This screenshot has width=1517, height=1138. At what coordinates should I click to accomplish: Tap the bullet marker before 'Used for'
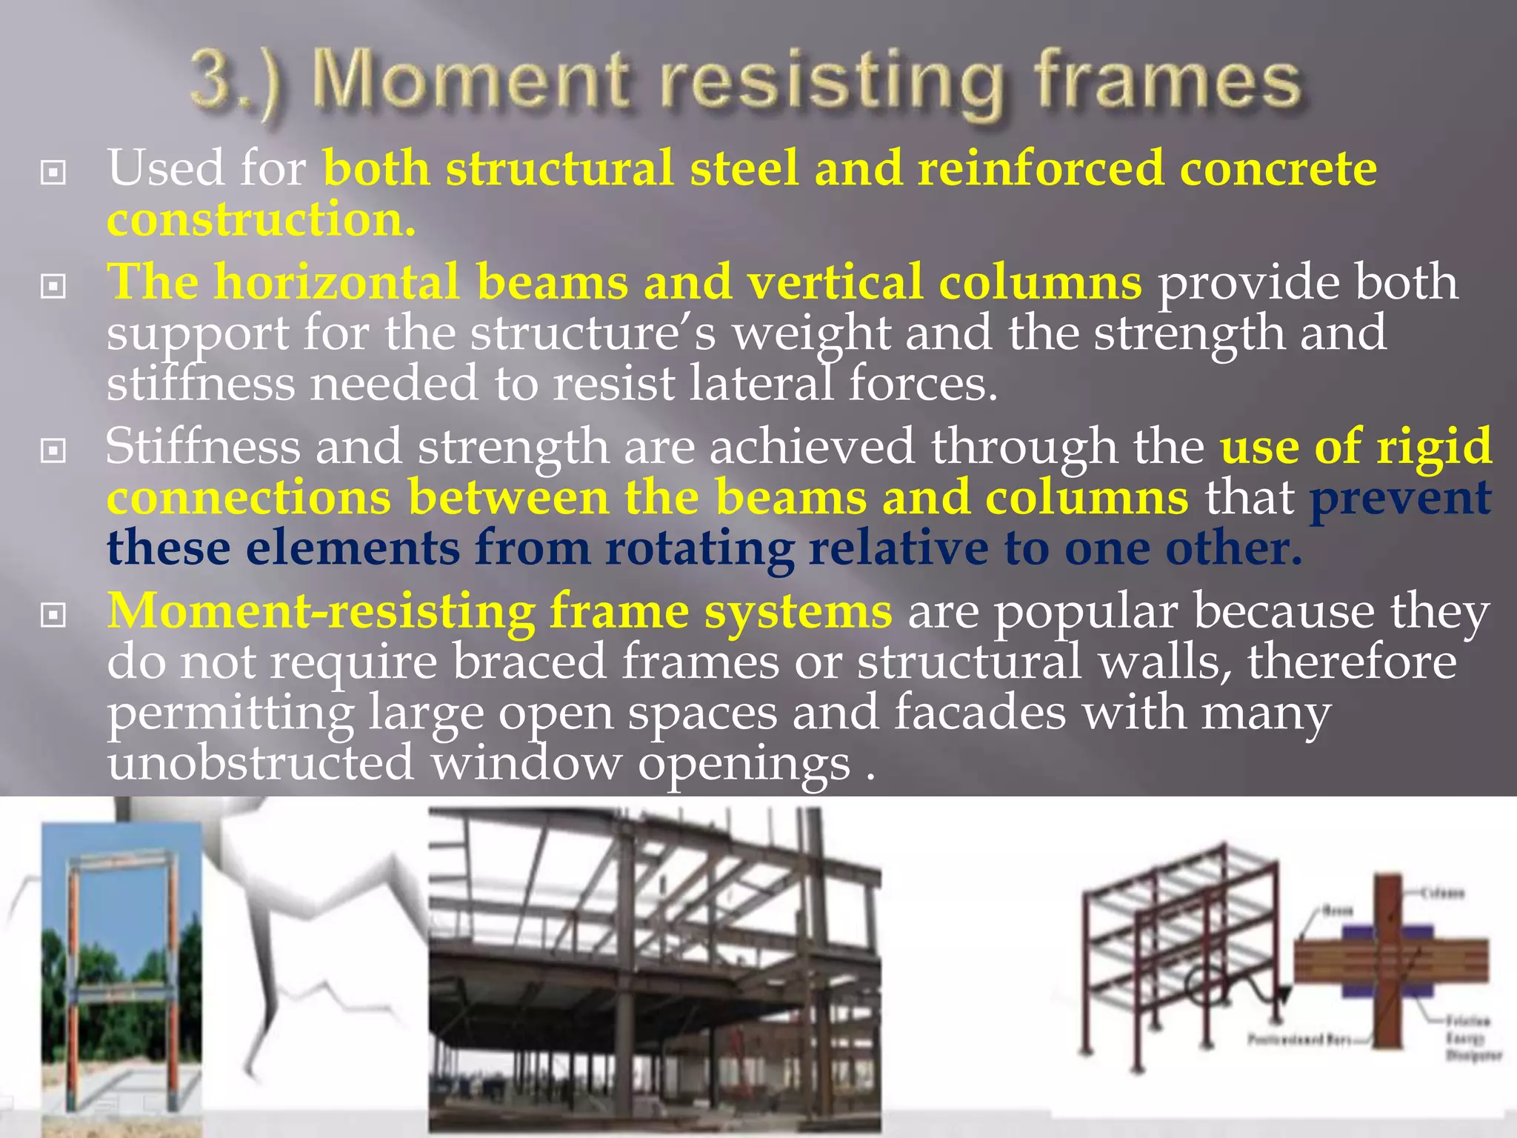point(53,173)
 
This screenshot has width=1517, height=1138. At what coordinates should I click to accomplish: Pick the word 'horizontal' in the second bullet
point(336,282)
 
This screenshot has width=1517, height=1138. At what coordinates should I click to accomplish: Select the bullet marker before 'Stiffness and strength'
point(53,449)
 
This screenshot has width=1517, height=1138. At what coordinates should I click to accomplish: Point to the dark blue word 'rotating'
point(699,549)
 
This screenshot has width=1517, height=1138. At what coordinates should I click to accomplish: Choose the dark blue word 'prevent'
point(1400,497)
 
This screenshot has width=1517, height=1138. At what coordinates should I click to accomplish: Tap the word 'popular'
point(1084,613)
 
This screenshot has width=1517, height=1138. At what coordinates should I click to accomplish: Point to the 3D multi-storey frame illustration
point(1178,956)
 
